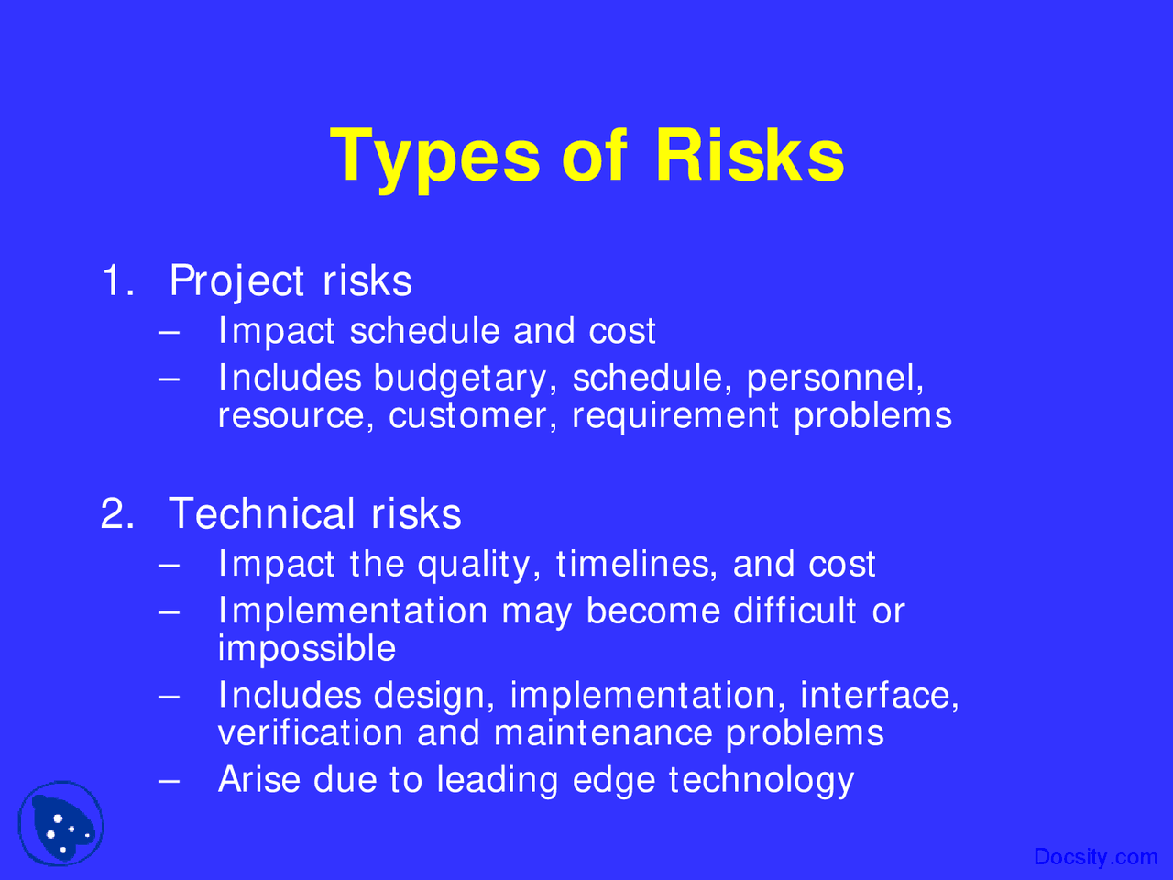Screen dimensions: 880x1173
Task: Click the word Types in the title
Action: (434, 156)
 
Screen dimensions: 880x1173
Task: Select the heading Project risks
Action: (291, 280)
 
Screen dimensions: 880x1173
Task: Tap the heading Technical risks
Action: (314, 513)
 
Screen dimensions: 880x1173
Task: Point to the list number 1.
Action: (115, 280)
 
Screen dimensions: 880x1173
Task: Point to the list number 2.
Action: (116, 513)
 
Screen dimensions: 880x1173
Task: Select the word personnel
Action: (835, 379)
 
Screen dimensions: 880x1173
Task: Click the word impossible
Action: (307, 649)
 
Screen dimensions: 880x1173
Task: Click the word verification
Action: (310, 733)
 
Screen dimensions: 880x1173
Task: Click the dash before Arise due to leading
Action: (168, 781)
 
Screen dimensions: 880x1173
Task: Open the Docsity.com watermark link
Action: (1095, 857)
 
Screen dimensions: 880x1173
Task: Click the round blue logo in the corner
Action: (61, 824)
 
